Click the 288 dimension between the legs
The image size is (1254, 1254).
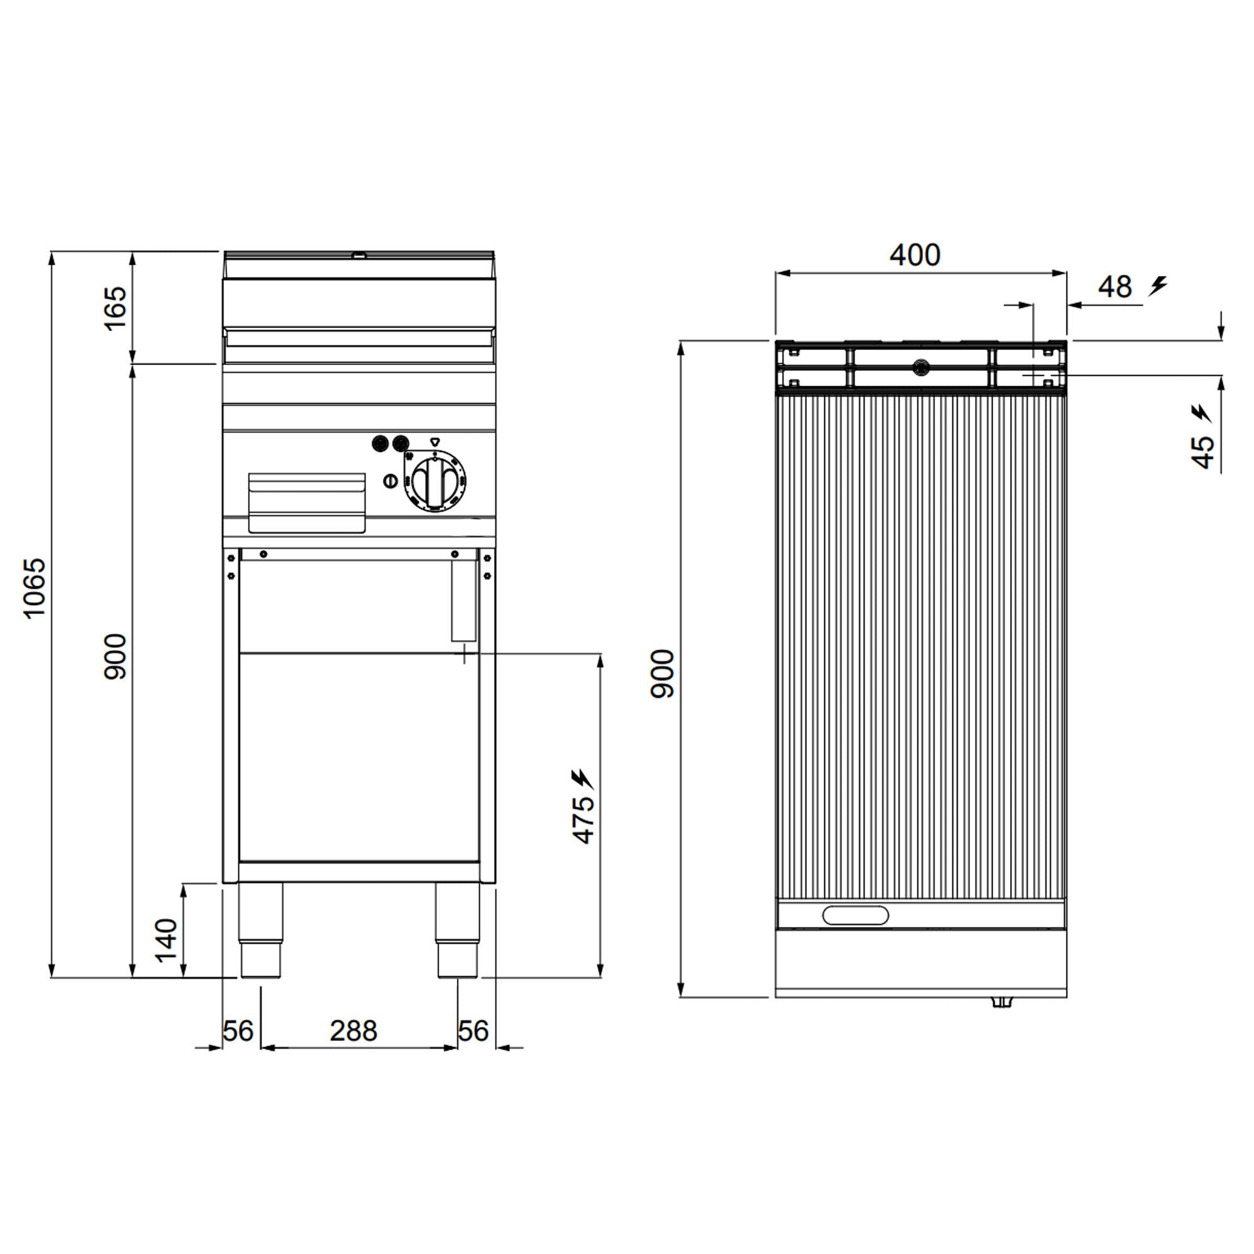(x=353, y=1030)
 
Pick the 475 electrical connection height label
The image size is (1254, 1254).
(x=584, y=819)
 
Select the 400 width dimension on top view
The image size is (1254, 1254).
(x=915, y=255)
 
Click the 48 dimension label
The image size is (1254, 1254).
(x=1115, y=287)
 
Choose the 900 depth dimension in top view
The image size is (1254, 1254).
(x=663, y=673)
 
